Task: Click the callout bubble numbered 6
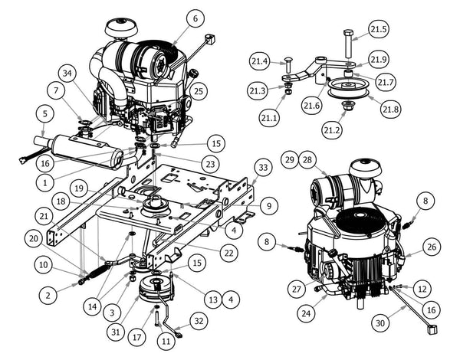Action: (194, 18)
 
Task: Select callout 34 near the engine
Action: (68, 74)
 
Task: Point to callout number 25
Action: (199, 92)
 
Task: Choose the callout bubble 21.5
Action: (379, 29)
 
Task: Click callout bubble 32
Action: (198, 320)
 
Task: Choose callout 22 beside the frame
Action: (225, 252)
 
